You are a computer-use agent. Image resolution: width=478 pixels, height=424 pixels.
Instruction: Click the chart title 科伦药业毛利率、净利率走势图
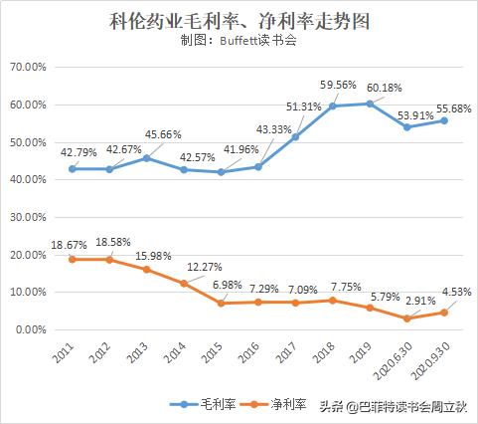click(239, 19)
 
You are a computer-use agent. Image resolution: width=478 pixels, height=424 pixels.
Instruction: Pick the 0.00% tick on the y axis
click(31, 329)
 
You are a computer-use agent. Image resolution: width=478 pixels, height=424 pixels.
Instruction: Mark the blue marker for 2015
click(222, 172)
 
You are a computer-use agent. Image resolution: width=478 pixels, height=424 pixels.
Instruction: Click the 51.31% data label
click(302, 107)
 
